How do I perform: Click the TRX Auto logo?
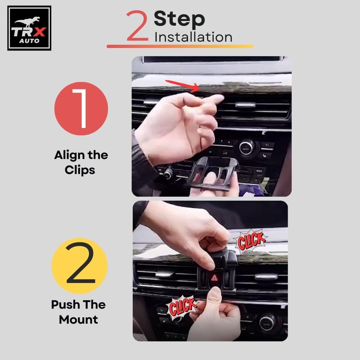29,28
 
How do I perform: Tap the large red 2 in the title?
137,26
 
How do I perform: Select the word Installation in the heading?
193,37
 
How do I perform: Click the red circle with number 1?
81,109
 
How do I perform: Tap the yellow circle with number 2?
80,266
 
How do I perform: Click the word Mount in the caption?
79,320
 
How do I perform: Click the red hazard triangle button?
214,278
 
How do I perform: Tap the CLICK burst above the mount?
250,241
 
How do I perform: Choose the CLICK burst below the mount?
183,307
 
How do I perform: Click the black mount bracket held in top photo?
211,174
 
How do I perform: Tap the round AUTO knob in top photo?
246,148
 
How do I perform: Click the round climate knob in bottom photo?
267,323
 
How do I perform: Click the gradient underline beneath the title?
180,46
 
